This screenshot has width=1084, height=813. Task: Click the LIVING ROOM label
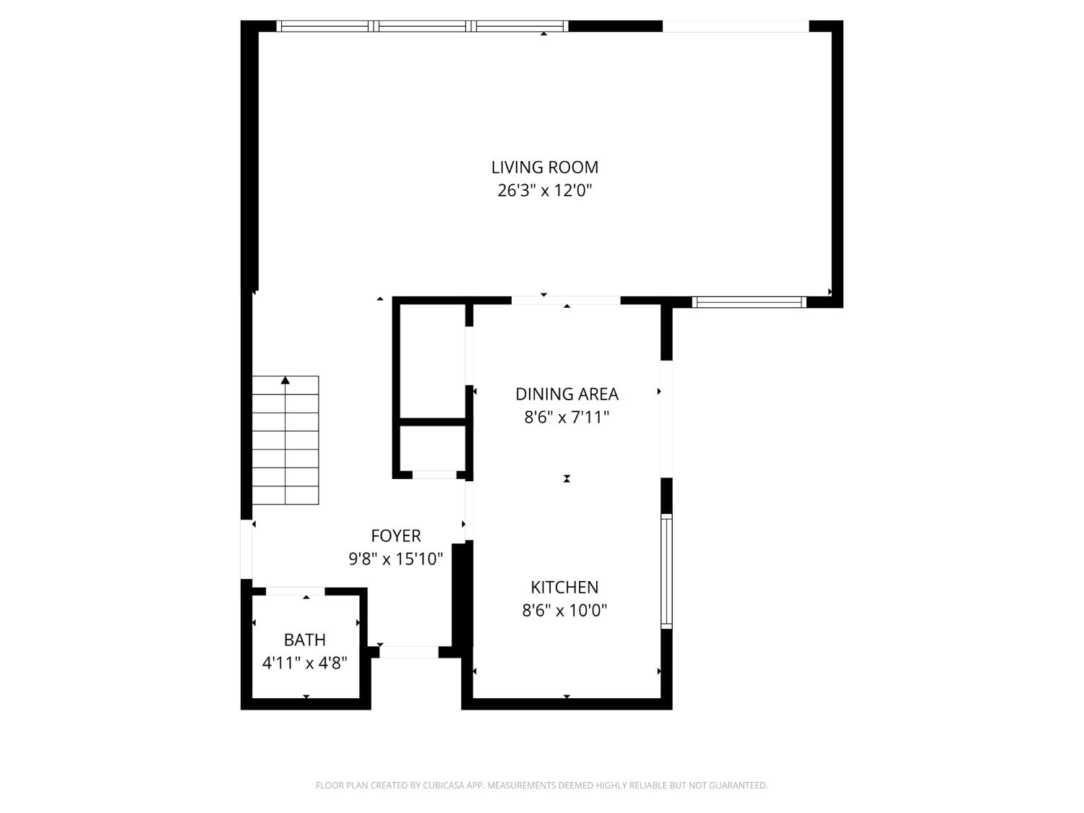pyautogui.click(x=544, y=167)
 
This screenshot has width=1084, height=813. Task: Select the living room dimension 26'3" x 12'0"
pyautogui.click(x=544, y=191)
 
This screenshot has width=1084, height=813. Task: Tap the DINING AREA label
pyautogui.click(x=567, y=394)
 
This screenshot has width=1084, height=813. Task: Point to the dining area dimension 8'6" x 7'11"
pyautogui.click(x=567, y=417)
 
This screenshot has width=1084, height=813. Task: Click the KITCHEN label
pyautogui.click(x=564, y=587)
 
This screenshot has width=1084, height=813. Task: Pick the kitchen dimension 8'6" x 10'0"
pyautogui.click(x=564, y=611)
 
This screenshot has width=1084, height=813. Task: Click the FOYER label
pyautogui.click(x=395, y=535)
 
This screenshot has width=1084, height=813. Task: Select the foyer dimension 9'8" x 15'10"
pyautogui.click(x=395, y=559)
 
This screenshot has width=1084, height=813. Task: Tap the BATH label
pyautogui.click(x=304, y=640)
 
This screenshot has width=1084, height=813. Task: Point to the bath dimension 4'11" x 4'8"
pyautogui.click(x=304, y=663)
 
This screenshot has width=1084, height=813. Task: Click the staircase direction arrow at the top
pyautogui.click(x=285, y=380)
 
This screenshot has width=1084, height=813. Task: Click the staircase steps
pyautogui.click(x=285, y=448)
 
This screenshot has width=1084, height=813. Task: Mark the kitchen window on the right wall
pyautogui.click(x=666, y=571)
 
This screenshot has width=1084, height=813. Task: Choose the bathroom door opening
pyautogui.click(x=295, y=591)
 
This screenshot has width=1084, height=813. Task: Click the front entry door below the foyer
pyautogui.click(x=408, y=652)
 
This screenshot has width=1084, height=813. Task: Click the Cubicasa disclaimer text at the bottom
pyautogui.click(x=541, y=786)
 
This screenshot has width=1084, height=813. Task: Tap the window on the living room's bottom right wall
pyautogui.click(x=749, y=302)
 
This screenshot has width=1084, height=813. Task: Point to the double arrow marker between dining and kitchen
pyautogui.click(x=567, y=478)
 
